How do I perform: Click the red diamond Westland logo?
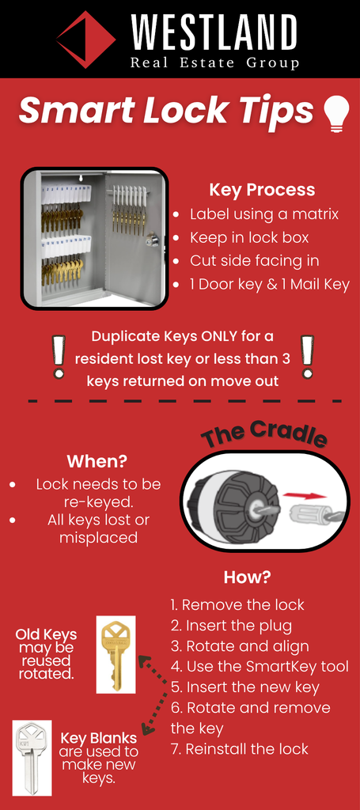tap(86, 40)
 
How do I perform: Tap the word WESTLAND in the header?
tap(214, 32)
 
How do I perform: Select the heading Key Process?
tap(262, 190)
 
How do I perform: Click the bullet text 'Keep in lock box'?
tap(249, 237)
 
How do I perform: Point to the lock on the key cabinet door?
tap(152, 240)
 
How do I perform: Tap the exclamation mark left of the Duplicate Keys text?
tap(59, 357)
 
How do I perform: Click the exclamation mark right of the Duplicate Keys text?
tap(307, 357)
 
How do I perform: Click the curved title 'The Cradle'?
tap(264, 433)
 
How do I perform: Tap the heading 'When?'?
tap(97, 461)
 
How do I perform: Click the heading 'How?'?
tap(248, 577)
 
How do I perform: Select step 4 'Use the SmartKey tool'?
tap(260, 666)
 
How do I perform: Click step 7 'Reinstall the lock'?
tap(240, 748)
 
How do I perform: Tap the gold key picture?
tap(116, 654)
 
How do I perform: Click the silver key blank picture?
tap(32, 758)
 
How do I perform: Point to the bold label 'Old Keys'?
tap(46, 634)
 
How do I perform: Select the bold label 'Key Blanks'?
tap(99, 738)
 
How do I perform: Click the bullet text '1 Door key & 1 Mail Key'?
tap(270, 284)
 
